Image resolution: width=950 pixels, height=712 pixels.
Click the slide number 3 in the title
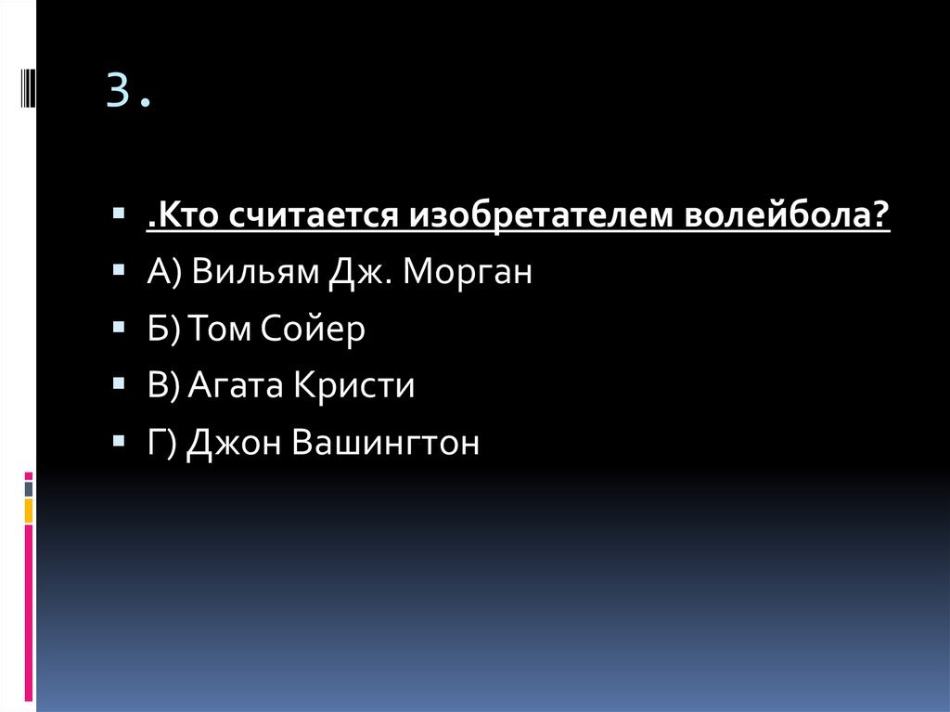pos(117,91)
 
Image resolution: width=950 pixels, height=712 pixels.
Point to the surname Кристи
pos(354,385)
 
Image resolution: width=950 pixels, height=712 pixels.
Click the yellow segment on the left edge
pos(29,510)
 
